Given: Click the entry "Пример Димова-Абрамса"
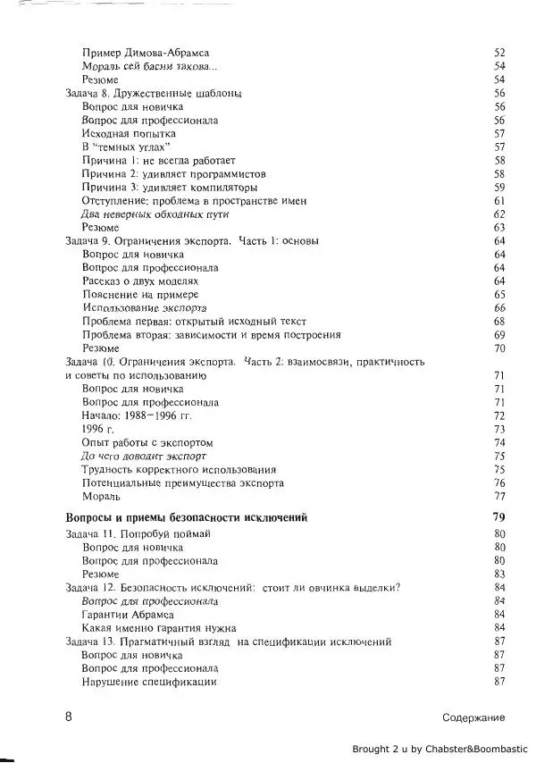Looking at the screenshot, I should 146,53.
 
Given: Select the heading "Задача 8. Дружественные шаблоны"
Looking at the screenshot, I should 155,93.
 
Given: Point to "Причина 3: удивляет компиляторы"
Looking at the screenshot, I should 170,188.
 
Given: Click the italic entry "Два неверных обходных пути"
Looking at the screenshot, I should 155,214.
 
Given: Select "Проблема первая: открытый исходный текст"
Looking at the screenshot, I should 194,322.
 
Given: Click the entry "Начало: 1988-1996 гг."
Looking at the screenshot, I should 137,415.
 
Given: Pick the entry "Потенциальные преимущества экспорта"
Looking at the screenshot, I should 183,483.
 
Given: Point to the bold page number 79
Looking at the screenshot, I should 499,516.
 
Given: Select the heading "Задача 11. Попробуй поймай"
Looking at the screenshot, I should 138,533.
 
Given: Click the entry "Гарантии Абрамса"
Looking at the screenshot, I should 127,614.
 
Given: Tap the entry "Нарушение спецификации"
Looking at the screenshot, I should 148,682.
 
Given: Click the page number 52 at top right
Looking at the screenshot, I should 499,53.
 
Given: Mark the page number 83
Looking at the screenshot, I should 499,574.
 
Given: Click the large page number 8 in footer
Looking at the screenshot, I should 68,717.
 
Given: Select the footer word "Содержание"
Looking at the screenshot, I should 473,717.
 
